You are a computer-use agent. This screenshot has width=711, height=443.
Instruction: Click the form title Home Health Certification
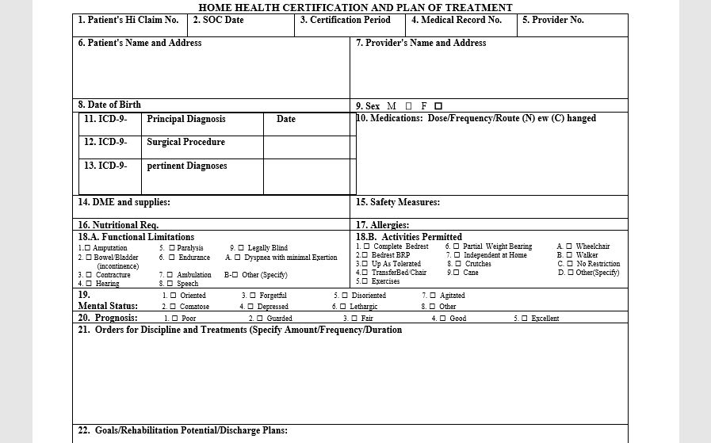pyautogui.click(x=355, y=7)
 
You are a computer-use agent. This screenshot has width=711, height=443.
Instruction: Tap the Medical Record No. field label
pyautogui.click(x=457, y=20)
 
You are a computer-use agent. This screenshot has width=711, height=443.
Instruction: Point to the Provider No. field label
pyautogui.click(x=552, y=20)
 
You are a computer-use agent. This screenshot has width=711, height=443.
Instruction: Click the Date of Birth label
pyautogui.click(x=109, y=105)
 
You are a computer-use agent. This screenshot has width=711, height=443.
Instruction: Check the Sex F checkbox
pyautogui.click(x=438, y=106)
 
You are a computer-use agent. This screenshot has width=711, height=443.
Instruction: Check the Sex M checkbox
pyautogui.click(x=408, y=106)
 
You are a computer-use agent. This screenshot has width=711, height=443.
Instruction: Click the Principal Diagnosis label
pyautogui.click(x=186, y=119)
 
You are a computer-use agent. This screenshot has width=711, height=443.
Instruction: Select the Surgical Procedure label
pyautogui.click(x=185, y=143)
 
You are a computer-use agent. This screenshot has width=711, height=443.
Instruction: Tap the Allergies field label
pyautogui.click(x=382, y=225)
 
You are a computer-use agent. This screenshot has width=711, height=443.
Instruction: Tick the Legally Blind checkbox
pyautogui.click(x=241, y=248)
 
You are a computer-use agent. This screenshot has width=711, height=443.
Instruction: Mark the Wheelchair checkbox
pyautogui.click(x=569, y=246)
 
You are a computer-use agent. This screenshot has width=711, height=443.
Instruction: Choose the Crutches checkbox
pyautogui.click(x=458, y=264)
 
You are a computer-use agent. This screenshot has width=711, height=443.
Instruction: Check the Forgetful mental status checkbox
pyautogui.click(x=252, y=296)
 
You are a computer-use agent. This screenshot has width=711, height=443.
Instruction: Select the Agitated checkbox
pyautogui.click(x=433, y=296)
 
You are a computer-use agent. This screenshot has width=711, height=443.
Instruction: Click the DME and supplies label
pyautogui.click(x=124, y=202)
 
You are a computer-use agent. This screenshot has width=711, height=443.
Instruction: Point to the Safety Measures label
pyautogui.click(x=398, y=202)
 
